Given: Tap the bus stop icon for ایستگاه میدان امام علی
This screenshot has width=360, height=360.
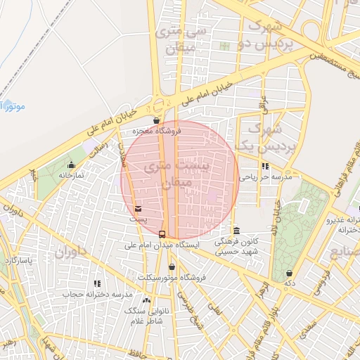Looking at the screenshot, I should (x=162, y=234).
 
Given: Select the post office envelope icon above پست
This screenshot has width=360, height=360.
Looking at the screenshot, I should (x=138, y=209).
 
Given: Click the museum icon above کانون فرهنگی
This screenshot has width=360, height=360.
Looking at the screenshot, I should (x=236, y=231).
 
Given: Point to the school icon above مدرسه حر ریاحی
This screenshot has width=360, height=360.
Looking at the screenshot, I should (x=265, y=167).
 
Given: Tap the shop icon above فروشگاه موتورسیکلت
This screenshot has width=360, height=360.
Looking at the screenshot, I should (x=172, y=266).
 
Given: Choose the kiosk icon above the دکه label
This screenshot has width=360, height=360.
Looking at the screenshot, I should (x=289, y=273).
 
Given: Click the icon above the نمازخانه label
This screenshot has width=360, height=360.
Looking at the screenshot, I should (x=71, y=165).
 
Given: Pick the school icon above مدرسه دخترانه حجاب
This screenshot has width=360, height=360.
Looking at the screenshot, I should (x=96, y=283).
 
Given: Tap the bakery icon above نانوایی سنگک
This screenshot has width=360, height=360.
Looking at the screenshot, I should (x=146, y=300).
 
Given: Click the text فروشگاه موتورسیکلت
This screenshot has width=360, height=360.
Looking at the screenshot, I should (x=173, y=278).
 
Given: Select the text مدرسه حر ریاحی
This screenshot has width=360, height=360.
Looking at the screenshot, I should (x=260, y=178).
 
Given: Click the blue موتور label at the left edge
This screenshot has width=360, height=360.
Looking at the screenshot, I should (x=12, y=106).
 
